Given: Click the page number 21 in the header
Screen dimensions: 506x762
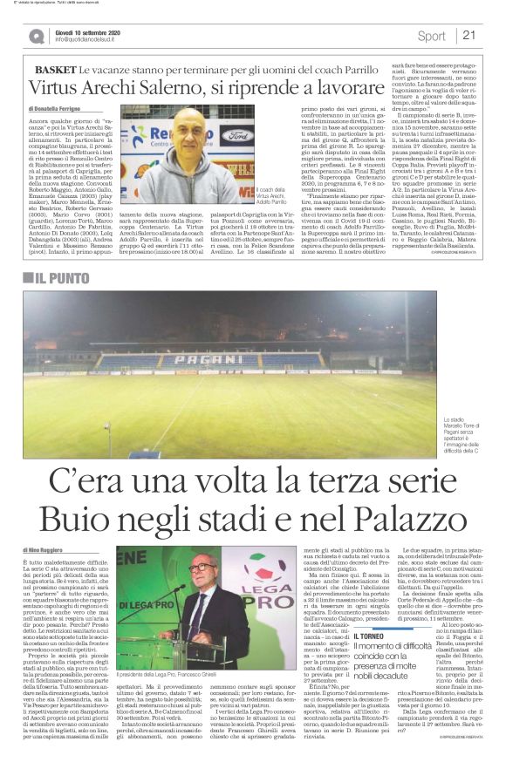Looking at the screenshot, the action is tap(468, 36).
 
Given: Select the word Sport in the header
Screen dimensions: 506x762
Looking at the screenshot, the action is tap(431, 36).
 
